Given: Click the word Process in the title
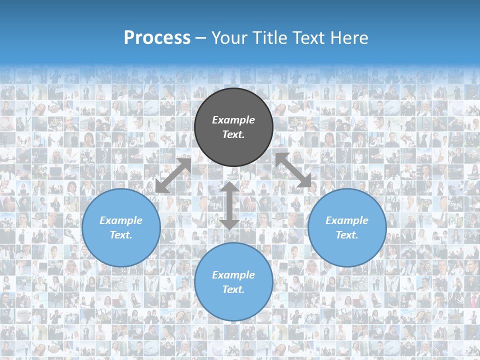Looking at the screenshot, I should [157, 38].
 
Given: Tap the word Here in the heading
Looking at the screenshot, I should [348, 38].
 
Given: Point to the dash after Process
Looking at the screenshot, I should [200, 38].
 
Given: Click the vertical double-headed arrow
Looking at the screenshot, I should [230, 206].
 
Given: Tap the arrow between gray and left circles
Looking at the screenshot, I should [173, 175].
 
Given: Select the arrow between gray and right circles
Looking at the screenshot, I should [293, 170].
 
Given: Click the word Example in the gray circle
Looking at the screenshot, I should [233, 120].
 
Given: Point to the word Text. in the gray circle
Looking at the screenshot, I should [233, 134].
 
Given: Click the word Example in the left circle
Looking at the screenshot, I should [121, 220].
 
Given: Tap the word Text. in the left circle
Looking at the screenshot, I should [121, 235].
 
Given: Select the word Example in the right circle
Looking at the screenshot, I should [347, 220].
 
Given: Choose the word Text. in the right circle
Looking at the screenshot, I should [347, 235].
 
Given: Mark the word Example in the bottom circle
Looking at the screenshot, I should [233, 275].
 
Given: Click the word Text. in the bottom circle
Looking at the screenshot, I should [233, 289].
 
